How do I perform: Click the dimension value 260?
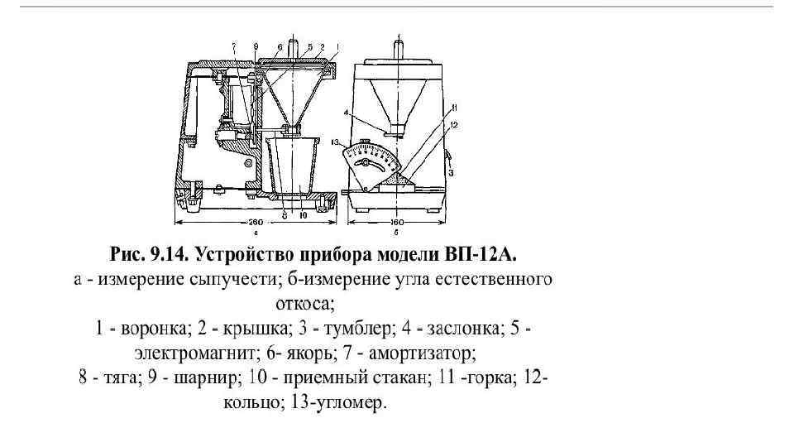coord(256,222)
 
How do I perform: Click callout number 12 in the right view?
coord(454,124)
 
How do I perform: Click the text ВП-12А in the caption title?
coord(486,250)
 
